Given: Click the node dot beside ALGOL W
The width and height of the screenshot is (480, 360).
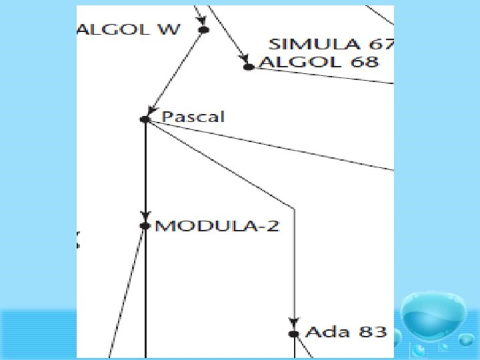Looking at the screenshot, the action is click(203, 30).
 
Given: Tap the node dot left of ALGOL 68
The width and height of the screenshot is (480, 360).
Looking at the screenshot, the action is click(249, 67).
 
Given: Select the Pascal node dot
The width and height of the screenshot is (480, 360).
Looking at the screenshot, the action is click(145, 119).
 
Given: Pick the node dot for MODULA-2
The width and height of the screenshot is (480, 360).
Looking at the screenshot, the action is click(145, 226).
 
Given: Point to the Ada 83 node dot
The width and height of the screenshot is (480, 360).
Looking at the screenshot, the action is click(294, 333).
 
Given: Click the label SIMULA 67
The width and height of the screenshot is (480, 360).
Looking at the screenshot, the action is click(331, 45).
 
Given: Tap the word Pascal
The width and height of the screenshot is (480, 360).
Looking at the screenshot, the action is click(193, 117).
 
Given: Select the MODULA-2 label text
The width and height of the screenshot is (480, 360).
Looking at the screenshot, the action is click(217, 226).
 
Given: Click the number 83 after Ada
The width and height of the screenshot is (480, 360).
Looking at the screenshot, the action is click(373, 331).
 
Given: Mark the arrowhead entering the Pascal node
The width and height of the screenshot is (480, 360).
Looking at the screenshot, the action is click(151, 110).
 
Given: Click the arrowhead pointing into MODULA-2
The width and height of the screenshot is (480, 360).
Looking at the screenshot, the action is click(145, 216).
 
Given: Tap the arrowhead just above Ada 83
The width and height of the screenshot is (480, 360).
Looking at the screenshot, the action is click(294, 322).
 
